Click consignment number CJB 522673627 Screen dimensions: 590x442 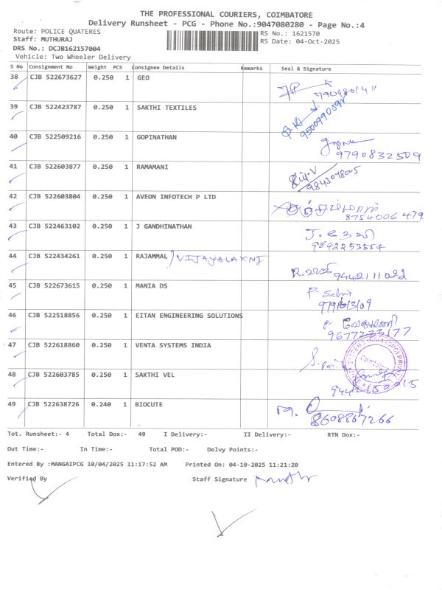click(x=55, y=78)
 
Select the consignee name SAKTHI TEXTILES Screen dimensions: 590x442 click(x=166, y=108)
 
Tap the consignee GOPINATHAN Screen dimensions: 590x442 click(x=157, y=137)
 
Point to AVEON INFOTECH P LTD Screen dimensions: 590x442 click(x=176, y=197)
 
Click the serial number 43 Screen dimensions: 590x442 click(x=13, y=226)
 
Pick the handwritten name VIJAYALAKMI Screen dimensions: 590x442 click(x=220, y=258)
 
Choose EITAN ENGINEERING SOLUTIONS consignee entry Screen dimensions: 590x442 click(x=189, y=316)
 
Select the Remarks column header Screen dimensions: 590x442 click(x=252, y=68)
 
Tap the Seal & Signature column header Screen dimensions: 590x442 click(x=306, y=69)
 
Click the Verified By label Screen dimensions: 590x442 click(x=27, y=479)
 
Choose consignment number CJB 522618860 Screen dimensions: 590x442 click(x=55, y=345)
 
